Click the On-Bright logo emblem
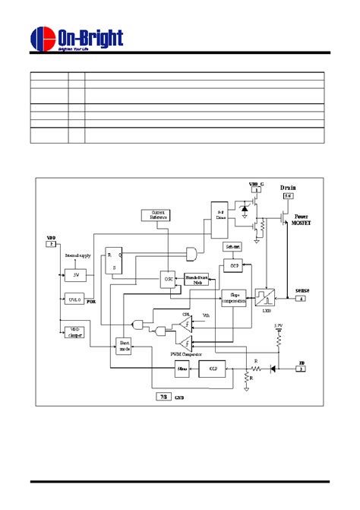(x=43, y=39)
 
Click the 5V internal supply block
(x=75, y=274)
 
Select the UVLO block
(x=74, y=299)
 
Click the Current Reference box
(x=159, y=216)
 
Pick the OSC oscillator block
(x=169, y=279)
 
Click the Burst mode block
(x=125, y=344)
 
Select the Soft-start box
(x=232, y=247)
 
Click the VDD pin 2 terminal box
(x=51, y=243)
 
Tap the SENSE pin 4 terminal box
(x=301, y=299)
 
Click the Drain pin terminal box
(x=287, y=195)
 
